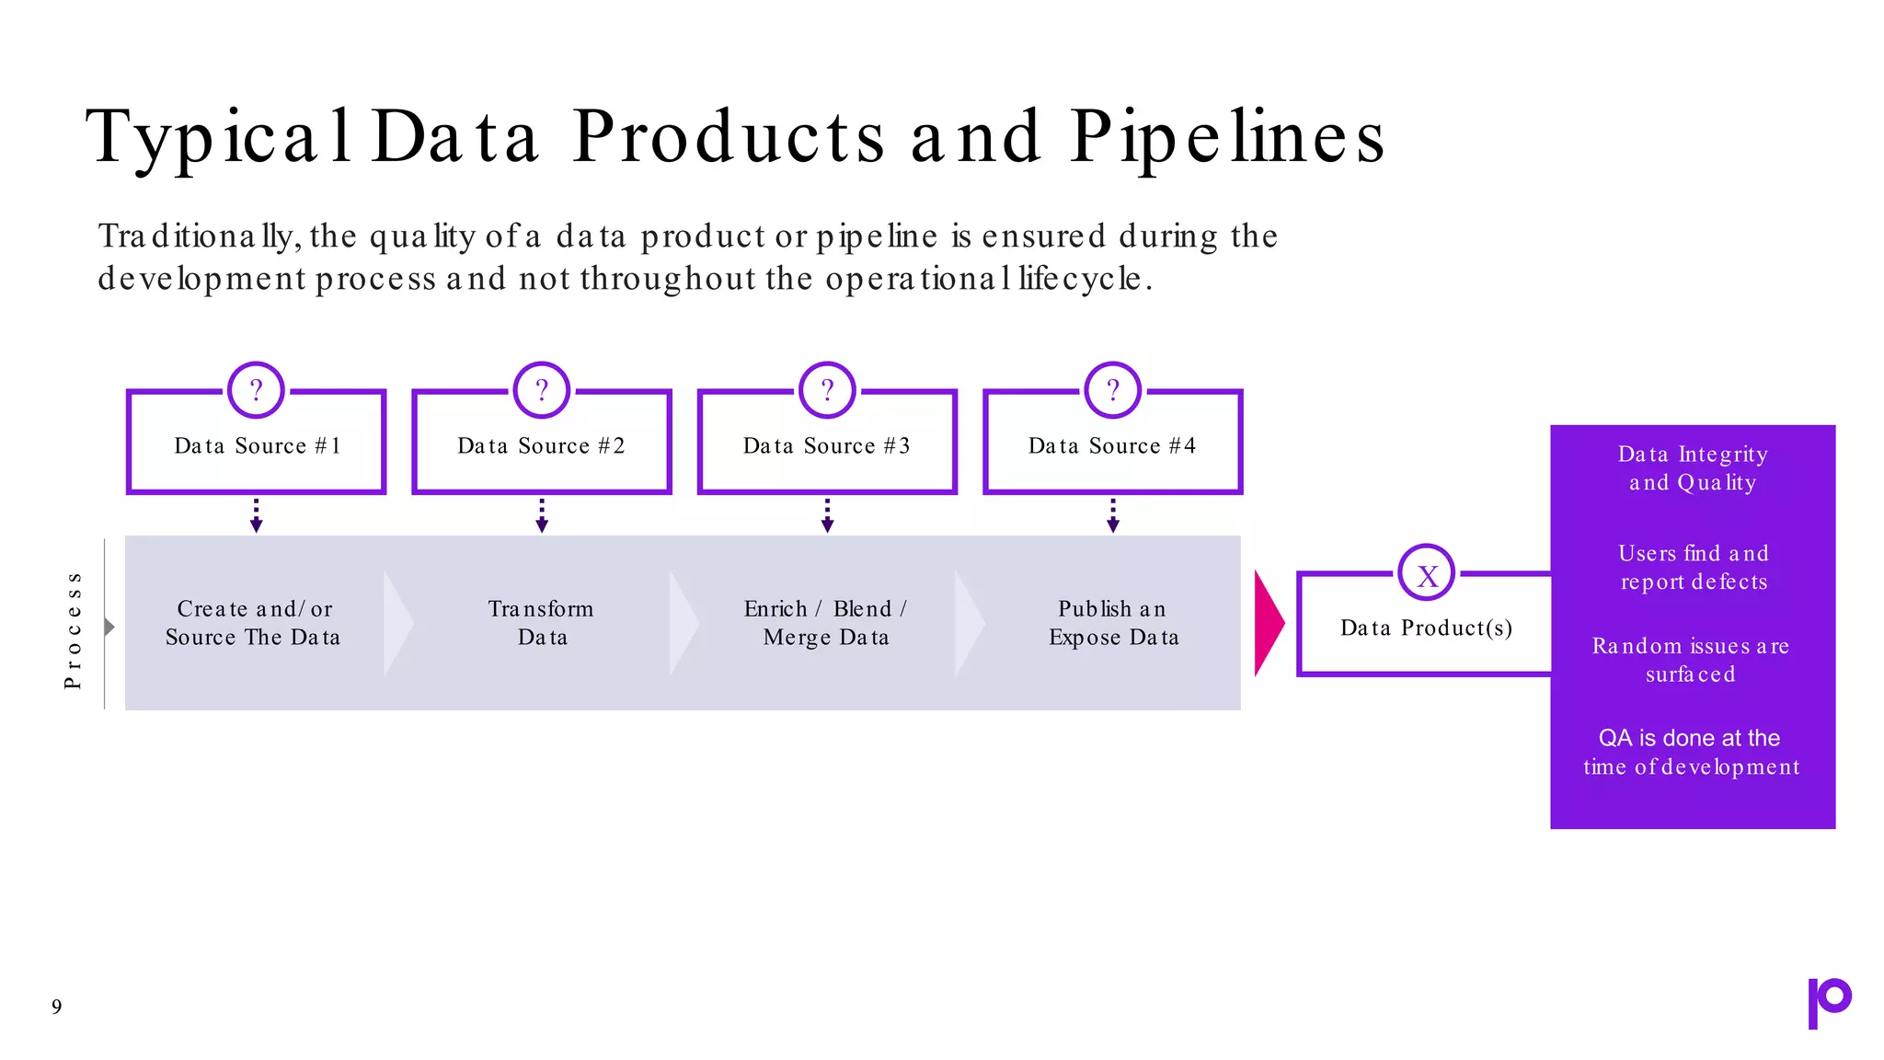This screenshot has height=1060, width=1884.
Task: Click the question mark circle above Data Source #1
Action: click(x=256, y=390)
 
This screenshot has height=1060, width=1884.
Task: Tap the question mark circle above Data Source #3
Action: click(x=827, y=390)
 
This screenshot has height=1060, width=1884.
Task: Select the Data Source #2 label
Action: click(x=541, y=446)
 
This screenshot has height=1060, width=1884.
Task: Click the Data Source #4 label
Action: click(x=1112, y=446)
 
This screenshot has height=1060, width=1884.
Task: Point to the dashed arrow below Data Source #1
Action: click(x=256, y=516)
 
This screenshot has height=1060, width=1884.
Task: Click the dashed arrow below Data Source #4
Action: click(x=1113, y=516)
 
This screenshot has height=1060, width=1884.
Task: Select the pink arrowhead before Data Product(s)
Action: click(x=1268, y=623)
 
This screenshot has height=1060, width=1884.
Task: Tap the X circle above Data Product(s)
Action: click(x=1427, y=573)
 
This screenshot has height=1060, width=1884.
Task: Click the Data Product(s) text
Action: click(x=1426, y=628)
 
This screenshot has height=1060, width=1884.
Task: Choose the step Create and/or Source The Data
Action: click(x=254, y=623)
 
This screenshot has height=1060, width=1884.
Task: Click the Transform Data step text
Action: click(x=541, y=623)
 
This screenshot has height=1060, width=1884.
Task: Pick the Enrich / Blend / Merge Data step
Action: click(x=826, y=623)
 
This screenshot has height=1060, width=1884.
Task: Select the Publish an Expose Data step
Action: click(x=1113, y=623)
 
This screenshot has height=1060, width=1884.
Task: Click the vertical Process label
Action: click(x=74, y=629)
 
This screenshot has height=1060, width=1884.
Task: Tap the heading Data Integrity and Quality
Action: click(x=1693, y=468)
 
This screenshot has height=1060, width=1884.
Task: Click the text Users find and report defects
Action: click(x=1693, y=568)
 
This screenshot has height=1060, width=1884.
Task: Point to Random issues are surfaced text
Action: click(x=1691, y=660)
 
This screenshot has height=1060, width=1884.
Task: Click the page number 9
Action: click(x=57, y=1007)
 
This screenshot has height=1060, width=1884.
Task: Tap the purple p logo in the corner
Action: click(x=1829, y=1002)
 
